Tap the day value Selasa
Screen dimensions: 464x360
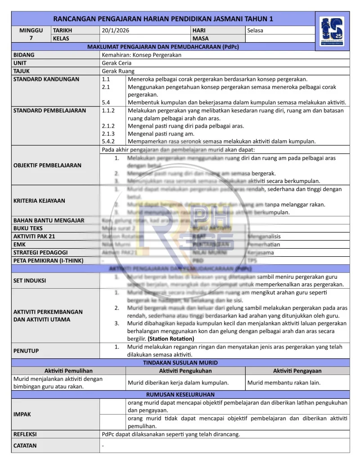255,31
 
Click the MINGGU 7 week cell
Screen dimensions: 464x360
31,34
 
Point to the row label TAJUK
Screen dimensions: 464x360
22,71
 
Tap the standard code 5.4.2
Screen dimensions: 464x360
108,141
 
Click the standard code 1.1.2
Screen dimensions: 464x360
108,110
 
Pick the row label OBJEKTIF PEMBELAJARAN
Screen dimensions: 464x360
47,165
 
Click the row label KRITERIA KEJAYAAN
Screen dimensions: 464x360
39,201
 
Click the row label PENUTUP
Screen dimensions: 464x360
26,350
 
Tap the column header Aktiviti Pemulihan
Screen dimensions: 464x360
68,371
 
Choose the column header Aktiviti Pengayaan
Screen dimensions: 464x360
297,371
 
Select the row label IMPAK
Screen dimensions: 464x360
22,414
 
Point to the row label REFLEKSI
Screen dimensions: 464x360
25,434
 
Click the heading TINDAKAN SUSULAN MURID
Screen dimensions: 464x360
180,362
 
